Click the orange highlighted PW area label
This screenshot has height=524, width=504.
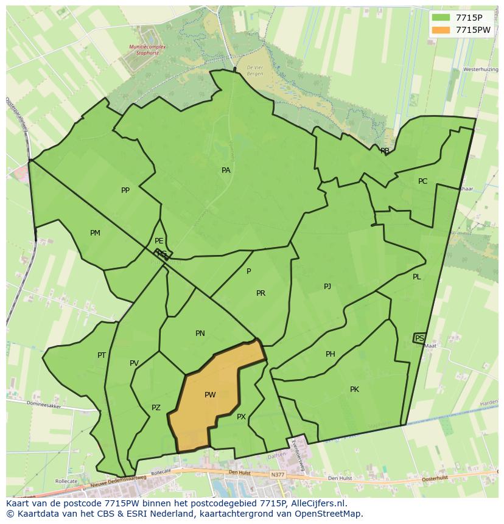[x=210, y=395]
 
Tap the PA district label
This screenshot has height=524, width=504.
[x=226, y=170]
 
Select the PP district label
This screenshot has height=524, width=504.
[x=125, y=190]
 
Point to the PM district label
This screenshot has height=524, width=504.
[x=95, y=233]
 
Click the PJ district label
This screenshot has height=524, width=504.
[x=327, y=286]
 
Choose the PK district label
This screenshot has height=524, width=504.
[x=354, y=390]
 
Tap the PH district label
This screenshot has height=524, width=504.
[x=331, y=354]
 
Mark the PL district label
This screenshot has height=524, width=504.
[x=417, y=277]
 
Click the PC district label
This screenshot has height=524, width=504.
[x=422, y=181]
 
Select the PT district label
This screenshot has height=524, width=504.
[x=102, y=355]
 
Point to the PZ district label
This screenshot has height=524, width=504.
[x=156, y=408]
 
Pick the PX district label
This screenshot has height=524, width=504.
[x=241, y=417]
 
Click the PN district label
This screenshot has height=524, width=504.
[x=200, y=334]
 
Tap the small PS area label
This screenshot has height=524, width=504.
[x=419, y=338]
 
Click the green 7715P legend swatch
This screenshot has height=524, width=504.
[x=441, y=18]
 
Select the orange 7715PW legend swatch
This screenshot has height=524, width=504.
[x=441, y=30]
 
